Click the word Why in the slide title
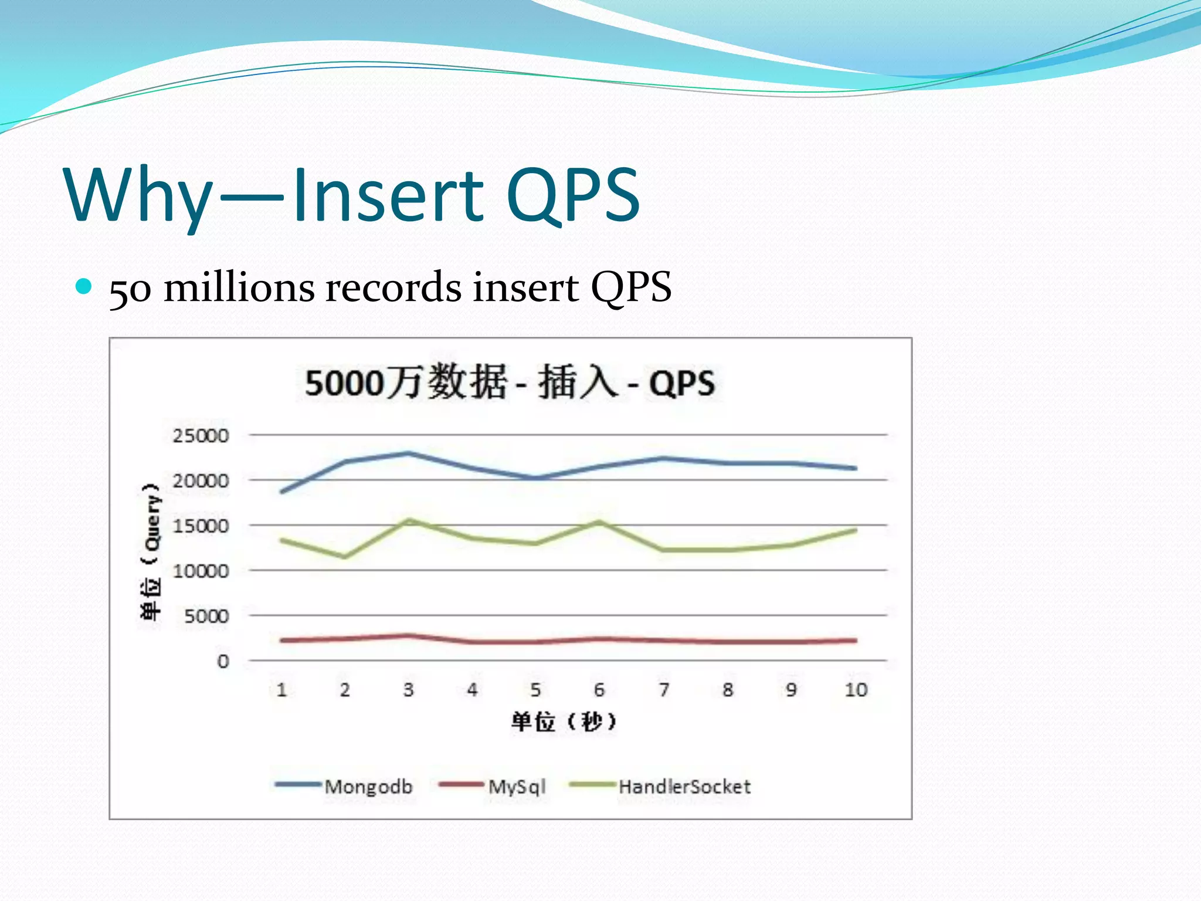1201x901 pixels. coord(138,197)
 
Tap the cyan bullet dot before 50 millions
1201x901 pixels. coord(84,286)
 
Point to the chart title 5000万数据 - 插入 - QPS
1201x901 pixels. coord(510,382)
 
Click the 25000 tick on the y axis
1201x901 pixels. coord(200,436)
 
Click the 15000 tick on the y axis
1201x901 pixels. coord(200,526)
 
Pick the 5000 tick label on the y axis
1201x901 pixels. coord(206,616)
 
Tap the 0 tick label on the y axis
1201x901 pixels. coord(223,662)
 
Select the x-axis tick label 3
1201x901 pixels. coord(408,690)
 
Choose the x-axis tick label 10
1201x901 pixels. coord(856,690)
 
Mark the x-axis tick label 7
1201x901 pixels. coord(663,690)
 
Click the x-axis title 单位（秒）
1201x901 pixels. coord(564,722)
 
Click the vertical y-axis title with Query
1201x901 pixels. coord(151,551)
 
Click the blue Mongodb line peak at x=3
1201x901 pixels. coord(409,453)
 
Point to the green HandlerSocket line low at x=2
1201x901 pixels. coord(345,557)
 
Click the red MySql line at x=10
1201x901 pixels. coord(856,641)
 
